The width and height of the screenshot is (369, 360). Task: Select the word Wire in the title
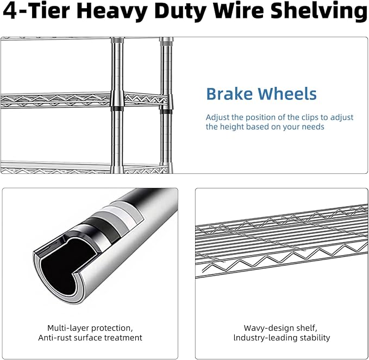click(239, 10)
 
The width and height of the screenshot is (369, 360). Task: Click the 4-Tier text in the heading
click(36, 10)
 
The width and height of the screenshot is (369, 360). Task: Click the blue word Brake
click(229, 94)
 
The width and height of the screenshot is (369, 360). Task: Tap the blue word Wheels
click(287, 94)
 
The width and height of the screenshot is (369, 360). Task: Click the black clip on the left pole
click(117, 109)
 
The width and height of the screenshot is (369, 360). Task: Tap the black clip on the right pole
click(166, 111)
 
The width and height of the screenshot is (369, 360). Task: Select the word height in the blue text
click(233, 127)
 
